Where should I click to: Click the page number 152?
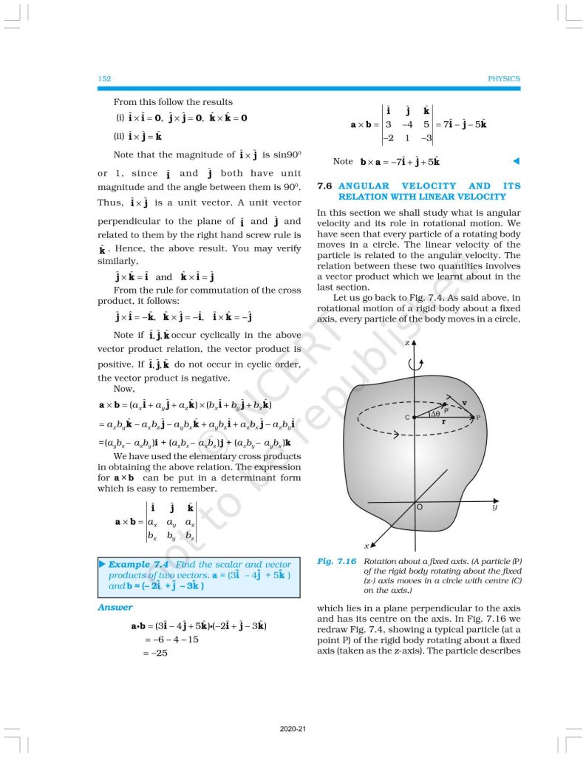[104, 79]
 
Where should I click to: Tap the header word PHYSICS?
[504, 79]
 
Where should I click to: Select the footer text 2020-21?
[293, 729]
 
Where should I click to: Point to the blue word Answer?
[115, 607]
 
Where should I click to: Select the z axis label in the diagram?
[407, 344]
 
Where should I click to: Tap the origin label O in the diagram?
[420, 509]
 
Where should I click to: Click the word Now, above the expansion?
[123, 389]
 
